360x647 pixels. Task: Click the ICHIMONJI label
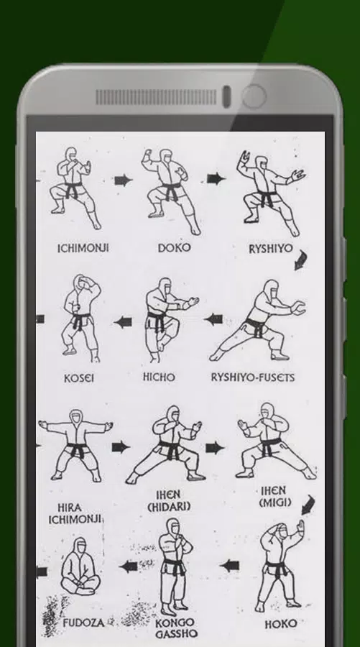(x=83, y=248)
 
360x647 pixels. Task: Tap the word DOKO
(x=175, y=247)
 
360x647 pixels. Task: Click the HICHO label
(x=159, y=377)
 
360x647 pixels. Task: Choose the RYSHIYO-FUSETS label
(x=252, y=377)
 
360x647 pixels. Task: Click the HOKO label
(x=281, y=624)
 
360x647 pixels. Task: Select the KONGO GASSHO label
(x=175, y=629)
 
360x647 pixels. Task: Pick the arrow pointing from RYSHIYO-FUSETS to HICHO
(x=213, y=318)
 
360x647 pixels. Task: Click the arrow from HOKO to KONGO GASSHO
(x=229, y=566)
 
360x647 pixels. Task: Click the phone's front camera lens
(x=253, y=96)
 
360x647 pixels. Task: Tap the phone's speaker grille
(x=156, y=97)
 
